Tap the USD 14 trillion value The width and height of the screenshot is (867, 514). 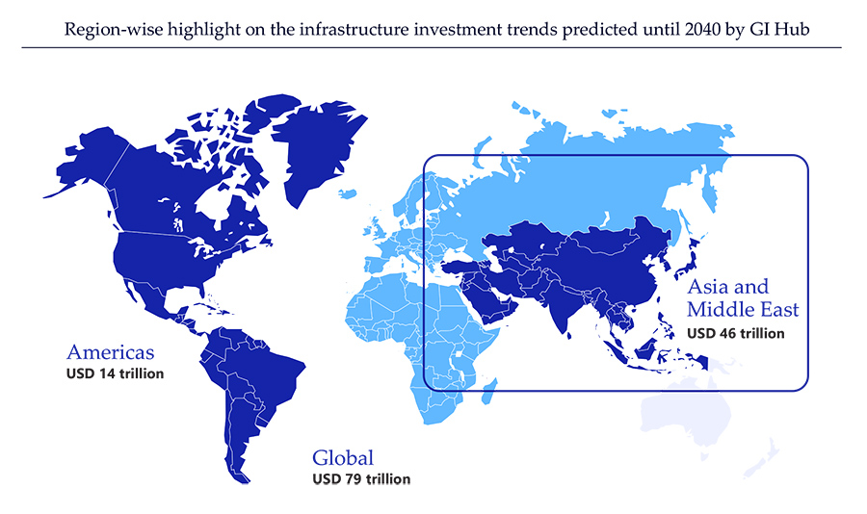click(x=115, y=373)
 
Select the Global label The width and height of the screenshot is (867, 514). click(x=342, y=458)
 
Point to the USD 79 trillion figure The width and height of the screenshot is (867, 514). click(x=361, y=479)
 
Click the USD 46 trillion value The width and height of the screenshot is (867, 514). click(x=735, y=333)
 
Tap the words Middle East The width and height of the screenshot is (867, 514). click(x=743, y=310)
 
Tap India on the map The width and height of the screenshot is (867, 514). click(x=568, y=308)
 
